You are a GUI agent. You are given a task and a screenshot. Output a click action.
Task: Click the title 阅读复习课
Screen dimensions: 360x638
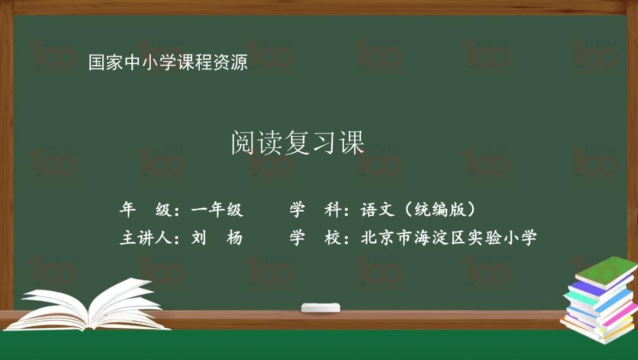click(x=298, y=143)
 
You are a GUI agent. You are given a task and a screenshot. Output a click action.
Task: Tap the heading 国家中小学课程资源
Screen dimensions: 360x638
click(x=168, y=63)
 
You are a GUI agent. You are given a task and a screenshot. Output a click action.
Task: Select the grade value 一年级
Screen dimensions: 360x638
click(x=217, y=210)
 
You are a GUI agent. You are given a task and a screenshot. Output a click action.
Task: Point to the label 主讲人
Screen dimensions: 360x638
click(x=145, y=238)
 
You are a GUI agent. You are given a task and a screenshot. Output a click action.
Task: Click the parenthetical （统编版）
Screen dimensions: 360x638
click(x=440, y=210)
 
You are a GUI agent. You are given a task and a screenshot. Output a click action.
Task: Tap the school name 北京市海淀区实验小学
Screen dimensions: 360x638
click(x=449, y=238)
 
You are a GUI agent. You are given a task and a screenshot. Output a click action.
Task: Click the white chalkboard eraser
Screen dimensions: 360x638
click(x=321, y=308)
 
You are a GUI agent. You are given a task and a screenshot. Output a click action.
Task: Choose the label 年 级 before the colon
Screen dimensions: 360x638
click(x=145, y=210)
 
